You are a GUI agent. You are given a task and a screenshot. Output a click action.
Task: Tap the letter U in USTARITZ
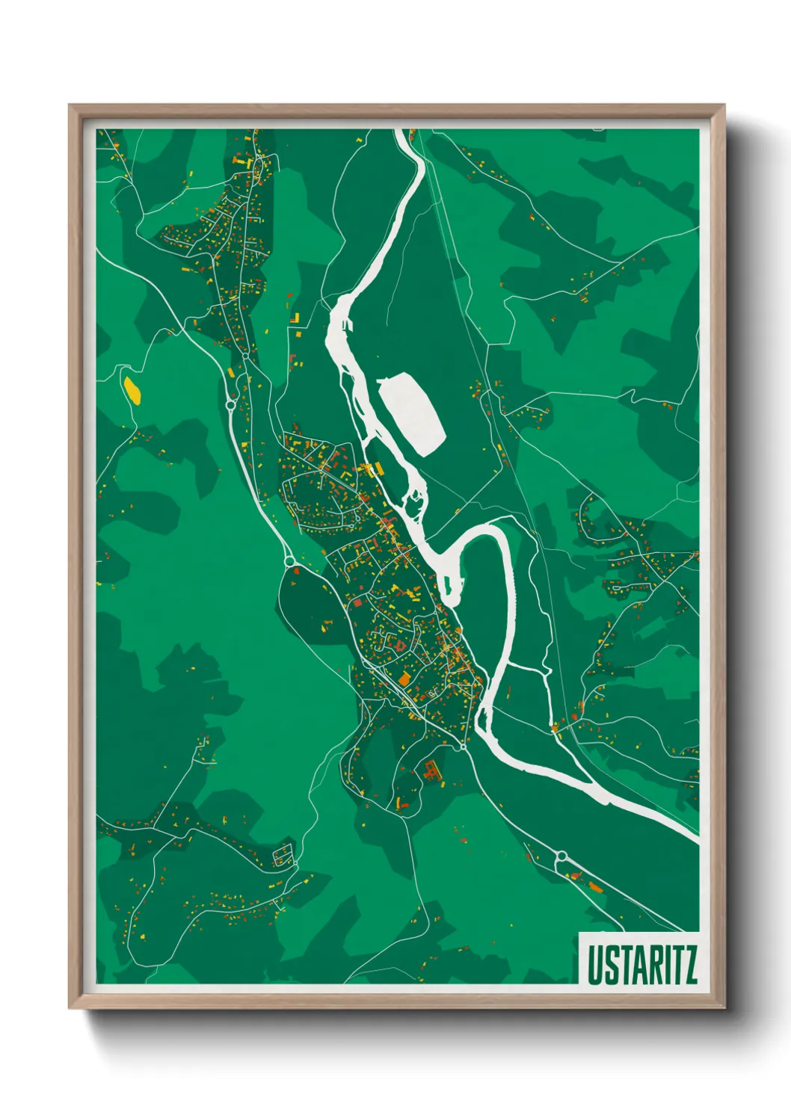pyautogui.click(x=594, y=965)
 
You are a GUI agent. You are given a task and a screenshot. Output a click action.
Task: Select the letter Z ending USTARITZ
pyautogui.click(x=689, y=965)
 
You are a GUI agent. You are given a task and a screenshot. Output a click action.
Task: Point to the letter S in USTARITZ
pyautogui.click(x=608, y=965)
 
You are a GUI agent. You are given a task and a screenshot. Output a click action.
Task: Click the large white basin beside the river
pyautogui.click(x=412, y=413)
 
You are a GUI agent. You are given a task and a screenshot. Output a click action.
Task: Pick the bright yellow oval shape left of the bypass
pyautogui.click(x=132, y=389)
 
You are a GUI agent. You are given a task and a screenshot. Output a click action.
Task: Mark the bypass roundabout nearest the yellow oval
pyautogui.click(x=230, y=405)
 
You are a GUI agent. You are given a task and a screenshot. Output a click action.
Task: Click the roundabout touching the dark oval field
pyautogui.click(x=289, y=560)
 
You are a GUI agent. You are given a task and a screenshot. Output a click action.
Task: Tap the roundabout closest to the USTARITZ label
pyautogui.click(x=561, y=856)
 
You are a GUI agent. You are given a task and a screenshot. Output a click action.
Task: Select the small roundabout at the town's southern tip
pyautogui.click(x=463, y=747)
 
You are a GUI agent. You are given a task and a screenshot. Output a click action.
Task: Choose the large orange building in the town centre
pyautogui.click(x=404, y=679)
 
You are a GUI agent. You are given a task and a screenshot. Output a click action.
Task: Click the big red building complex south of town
pyautogui.click(x=431, y=770)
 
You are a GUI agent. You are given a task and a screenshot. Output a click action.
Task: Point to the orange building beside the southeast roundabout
pyautogui.click(x=595, y=887)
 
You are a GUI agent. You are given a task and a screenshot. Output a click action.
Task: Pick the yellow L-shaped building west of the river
pyautogui.click(x=297, y=319)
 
